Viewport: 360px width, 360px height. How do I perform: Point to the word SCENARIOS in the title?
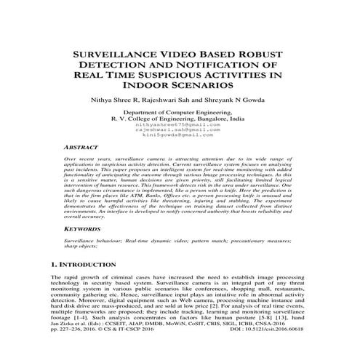click(x=212, y=86)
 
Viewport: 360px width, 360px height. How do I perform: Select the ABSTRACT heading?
click(x=81, y=147)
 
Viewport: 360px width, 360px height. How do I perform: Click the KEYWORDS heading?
click(x=82, y=228)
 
